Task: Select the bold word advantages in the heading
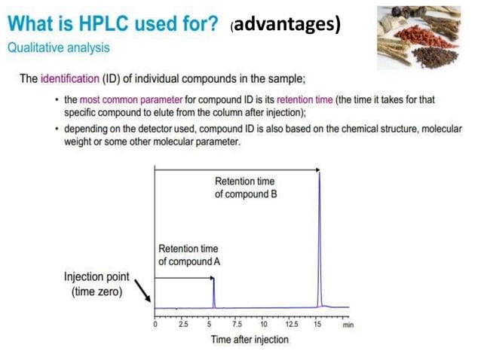tap(288, 24)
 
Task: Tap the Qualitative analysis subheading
tap(58, 47)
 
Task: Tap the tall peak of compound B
tap(320, 226)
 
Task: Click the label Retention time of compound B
tap(245, 188)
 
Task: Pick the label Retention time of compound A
tap(188, 255)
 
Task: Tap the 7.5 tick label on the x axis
tap(237, 325)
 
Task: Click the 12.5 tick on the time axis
tap(292, 325)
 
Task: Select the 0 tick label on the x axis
tap(155, 325)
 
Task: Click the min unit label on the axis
tap(348, 325)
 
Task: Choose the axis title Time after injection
tap(250, 340)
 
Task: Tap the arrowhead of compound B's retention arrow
tap(317, 170)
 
